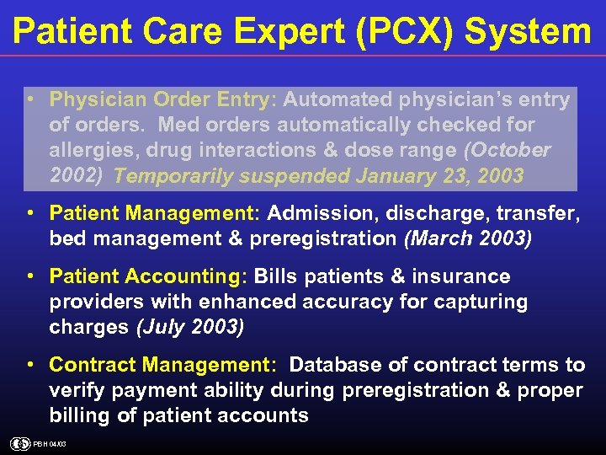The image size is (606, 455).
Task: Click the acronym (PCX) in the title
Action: (x=406, y=32)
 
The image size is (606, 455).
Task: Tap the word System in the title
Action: (x=529, y=32)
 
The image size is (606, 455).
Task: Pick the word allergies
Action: (x=94, y=150)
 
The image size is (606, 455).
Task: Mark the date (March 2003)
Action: (x=468, y=238)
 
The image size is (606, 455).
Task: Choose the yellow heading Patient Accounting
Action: (x=148, y=276)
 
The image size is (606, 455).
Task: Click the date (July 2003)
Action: (x=190, y=327)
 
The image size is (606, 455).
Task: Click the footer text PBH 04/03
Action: (x=50, y=444)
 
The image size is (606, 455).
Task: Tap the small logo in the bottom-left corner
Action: (x=19, y=444)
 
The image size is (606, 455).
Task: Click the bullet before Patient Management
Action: (x=30, y=213)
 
